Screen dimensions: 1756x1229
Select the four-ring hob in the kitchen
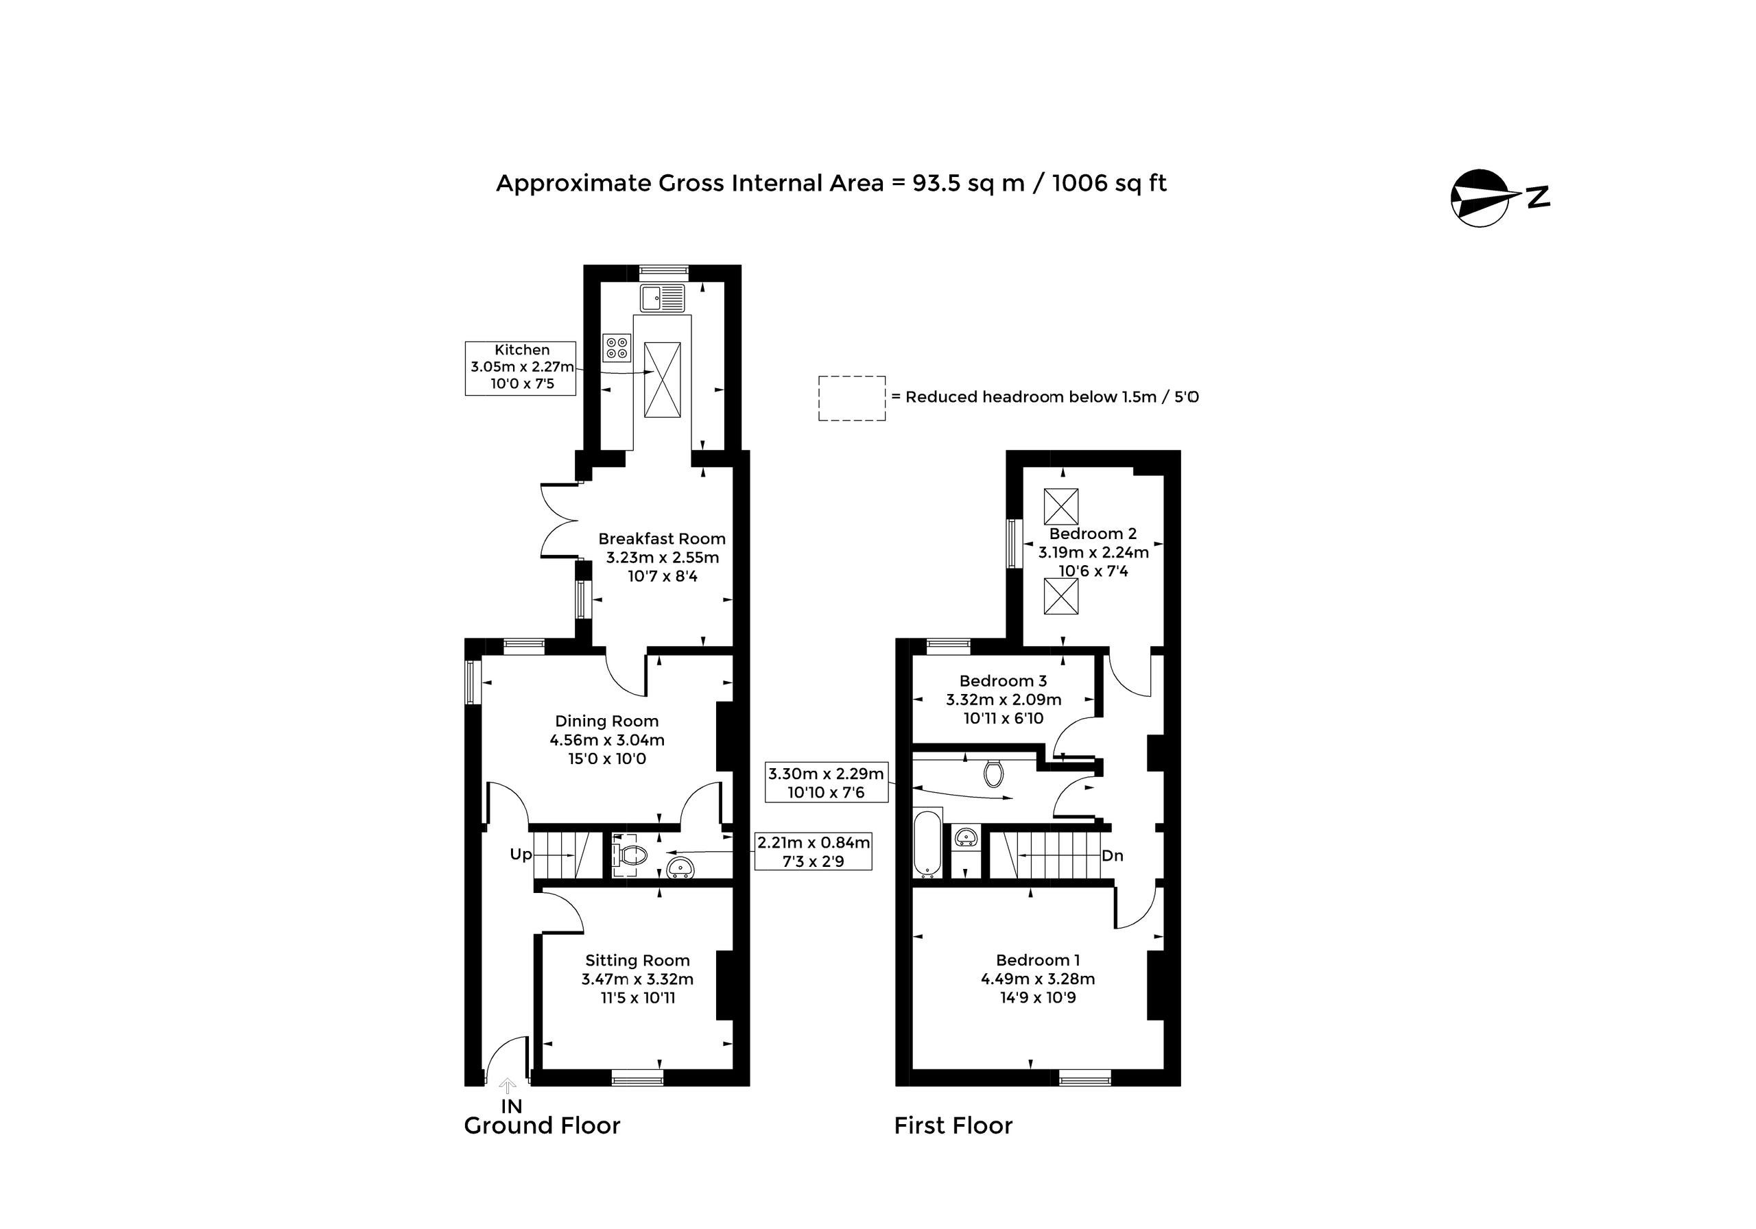coord(617,347)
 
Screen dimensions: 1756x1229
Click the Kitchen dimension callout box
coord(521,368)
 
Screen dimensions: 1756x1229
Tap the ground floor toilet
coord(630,855)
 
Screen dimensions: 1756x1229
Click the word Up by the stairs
coord(521,855)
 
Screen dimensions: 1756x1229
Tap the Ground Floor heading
coord(543,1125)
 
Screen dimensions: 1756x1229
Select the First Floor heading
coord(953,1125)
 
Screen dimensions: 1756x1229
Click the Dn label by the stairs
coord(1113,856)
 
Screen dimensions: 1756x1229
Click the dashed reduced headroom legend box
coord(852,398)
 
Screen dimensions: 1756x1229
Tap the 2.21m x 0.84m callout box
coord(814,852)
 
